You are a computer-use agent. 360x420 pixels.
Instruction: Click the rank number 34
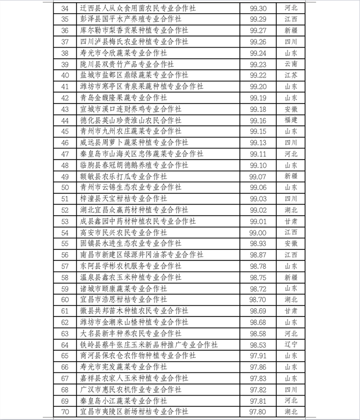point(65,9)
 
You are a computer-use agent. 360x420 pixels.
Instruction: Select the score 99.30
point(258,9)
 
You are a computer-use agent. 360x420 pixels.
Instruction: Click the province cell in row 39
point(291,64)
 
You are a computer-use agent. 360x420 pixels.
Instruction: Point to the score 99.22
point(258,75)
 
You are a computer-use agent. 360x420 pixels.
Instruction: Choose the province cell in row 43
point(291,109)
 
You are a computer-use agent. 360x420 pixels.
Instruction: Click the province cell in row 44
point(291,120)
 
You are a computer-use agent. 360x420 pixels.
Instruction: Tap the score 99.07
point(258,176)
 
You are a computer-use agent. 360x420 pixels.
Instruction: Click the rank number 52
point(65,210)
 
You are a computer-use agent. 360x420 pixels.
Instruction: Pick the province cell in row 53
point(291,221)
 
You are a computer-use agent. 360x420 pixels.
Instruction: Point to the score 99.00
point(258,232)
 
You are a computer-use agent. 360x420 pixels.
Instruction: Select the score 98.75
point(258,277)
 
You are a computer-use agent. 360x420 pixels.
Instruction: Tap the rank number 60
point(65,300)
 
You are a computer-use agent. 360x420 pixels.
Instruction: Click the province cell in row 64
point(291,344)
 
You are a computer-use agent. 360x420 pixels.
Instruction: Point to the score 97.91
point(258,355)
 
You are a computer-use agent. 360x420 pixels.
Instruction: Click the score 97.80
point(258,412)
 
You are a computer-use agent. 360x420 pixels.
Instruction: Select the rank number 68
point(65,389)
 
